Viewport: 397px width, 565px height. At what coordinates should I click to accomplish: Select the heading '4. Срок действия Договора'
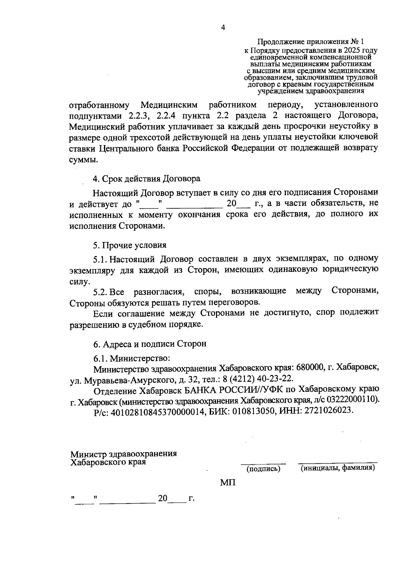(x=147, y=179)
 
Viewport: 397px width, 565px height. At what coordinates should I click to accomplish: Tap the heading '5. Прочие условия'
(x=129, y=245)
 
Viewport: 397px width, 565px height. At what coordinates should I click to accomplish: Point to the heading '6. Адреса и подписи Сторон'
(x=150, y=344)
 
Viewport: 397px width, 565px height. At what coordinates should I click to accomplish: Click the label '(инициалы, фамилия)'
(x=337, y=468)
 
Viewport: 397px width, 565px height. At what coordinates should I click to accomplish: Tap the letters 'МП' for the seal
(x=228, y=483)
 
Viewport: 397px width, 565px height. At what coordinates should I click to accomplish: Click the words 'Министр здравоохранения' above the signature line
(x=123, y=454)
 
